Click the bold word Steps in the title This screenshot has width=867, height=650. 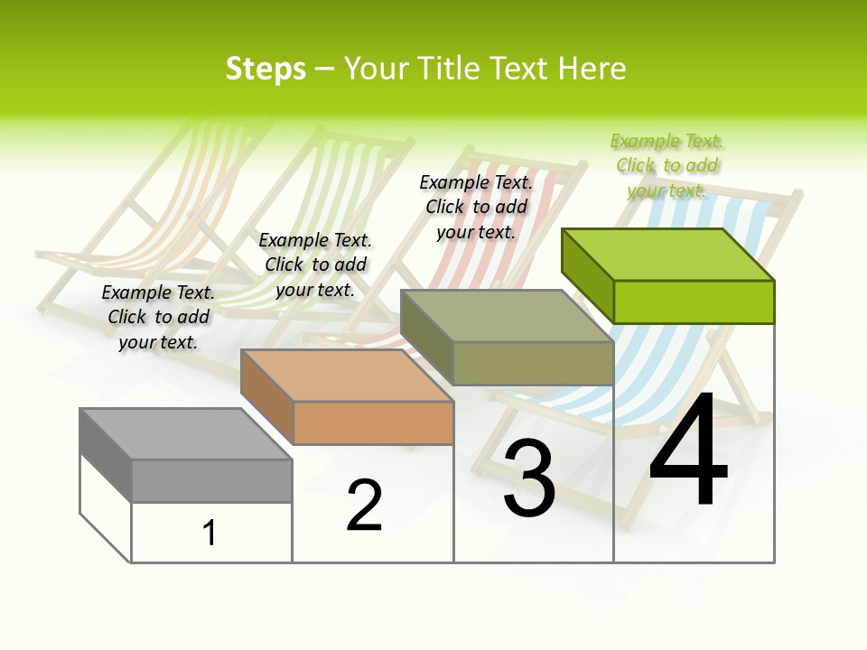(x=266, y=69)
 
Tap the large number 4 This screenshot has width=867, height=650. (x=688, y=451)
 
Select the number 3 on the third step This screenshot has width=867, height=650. (x=529, y=479)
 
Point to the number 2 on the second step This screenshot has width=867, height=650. (x=364, y=506)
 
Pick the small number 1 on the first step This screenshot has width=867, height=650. (x=210, y=533)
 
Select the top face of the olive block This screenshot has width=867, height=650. (x=507, y=316)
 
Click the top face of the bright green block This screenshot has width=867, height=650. (x=667, y=255)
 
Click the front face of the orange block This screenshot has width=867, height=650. (x=373, y=422)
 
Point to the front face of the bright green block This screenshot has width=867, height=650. (x=694, y=302)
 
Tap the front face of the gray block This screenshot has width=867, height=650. (x=211, y=480)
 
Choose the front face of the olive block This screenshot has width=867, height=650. (x=533, y=363)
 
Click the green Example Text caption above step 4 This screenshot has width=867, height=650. (x=667, y=166)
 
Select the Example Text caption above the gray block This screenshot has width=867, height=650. (x=158, y=317)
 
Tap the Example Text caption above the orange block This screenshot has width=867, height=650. (x=315, y=265)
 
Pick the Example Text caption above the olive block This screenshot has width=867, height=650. (x=476, y=207)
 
